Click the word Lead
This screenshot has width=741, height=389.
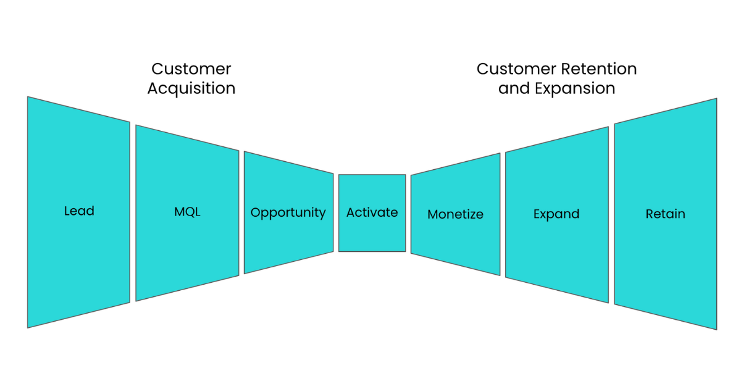(79, 211)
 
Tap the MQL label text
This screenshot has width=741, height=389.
(187, 212)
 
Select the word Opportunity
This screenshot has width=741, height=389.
(288, 212)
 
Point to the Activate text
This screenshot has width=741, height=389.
(372, 212)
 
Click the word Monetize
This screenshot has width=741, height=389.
(456, 214)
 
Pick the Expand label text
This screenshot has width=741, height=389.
(556, 214)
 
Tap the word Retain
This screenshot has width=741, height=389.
(665, 214)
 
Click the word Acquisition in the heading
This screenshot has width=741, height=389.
(191, 88)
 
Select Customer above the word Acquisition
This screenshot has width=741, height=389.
(191, 69)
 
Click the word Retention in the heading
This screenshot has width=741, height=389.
(599, 69)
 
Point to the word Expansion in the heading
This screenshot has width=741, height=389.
(576, 89)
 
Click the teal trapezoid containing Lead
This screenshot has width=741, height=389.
(79, 212)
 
